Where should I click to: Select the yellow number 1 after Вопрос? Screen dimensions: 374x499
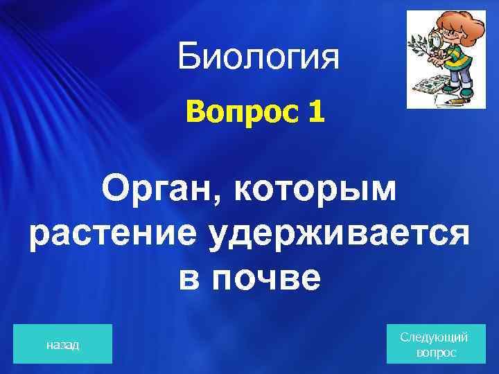(x=315, y=111)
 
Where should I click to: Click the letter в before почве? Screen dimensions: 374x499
(x=189, y=278)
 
